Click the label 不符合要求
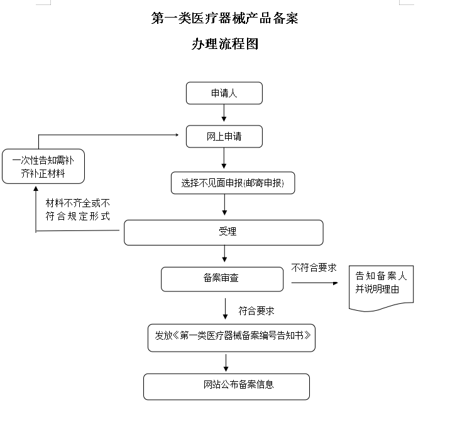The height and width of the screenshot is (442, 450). click(x=314, y=267)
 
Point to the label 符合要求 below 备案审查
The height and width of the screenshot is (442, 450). click(x=256, y=311)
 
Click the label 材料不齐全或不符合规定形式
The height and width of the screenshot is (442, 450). click(x=77, y=210)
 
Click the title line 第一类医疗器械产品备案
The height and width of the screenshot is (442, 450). click(x=225, y=18)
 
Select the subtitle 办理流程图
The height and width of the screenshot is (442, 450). click(x=225, y=44)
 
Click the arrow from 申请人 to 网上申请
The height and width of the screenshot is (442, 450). click(x=224, y=113)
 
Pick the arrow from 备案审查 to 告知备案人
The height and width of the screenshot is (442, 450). click(x=315, y=283)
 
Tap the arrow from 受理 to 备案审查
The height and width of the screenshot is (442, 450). click(x=225, y=254)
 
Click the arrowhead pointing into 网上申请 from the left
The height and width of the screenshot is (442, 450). click(x=177, y=135)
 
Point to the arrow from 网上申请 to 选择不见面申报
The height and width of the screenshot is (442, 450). click(x=224, y=158)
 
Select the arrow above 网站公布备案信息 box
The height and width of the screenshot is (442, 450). click(x=226, y=363)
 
